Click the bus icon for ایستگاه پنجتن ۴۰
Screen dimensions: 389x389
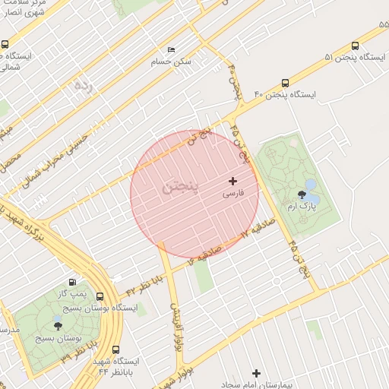click(x=286, y=83)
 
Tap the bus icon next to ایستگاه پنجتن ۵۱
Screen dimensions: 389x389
click(x=356, y=45)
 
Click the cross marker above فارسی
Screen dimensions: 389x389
click(x=232, y=181)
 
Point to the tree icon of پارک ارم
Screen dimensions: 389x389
click(x=312, y=194)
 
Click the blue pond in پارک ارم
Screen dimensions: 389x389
click(x=310, y=184)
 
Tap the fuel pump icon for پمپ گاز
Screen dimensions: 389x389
click(x=72, y=281)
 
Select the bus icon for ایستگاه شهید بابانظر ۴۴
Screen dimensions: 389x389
click(x=115, y=349)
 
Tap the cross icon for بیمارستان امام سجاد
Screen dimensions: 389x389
click(x=257, y=373)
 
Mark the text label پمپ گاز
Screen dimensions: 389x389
click(x=72, y=293)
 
